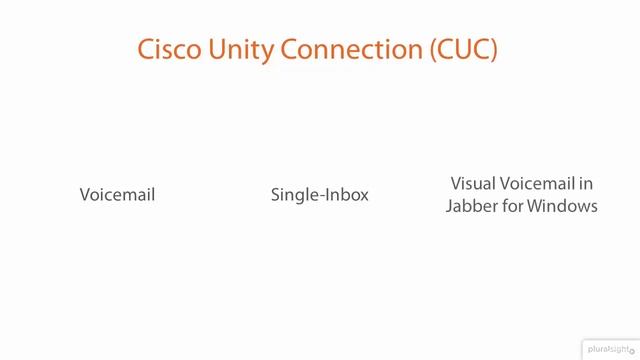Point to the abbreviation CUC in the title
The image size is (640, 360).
click(x=463, y=50)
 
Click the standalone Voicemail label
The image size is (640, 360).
click(x=117, y=195)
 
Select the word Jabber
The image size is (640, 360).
click(x=471, y=206)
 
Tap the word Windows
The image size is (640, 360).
click(x=563, y=206)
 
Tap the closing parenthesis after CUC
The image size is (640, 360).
click(x=495, y=50)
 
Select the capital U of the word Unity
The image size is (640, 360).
click(x=215, y=50)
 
